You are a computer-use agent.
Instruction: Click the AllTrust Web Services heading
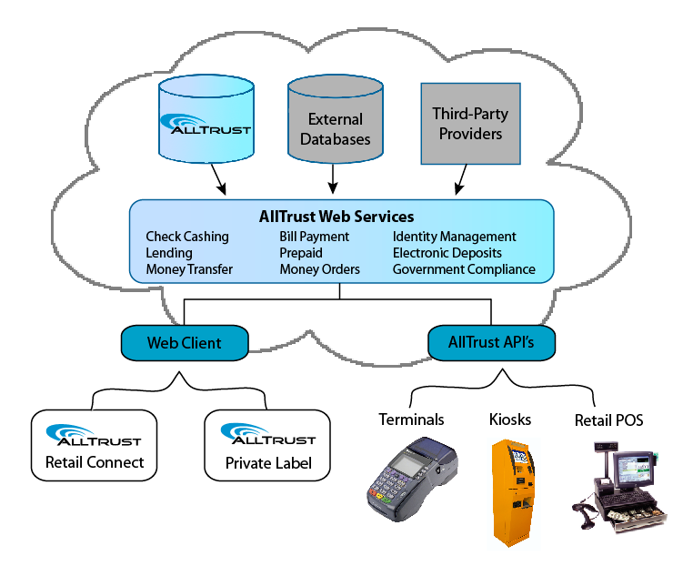336,217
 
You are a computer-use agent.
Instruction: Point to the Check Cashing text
187,237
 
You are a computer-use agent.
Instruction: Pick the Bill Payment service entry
314,237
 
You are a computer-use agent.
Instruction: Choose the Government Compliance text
464,269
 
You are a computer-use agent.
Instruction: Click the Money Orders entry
319,269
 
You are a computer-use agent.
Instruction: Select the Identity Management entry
454,237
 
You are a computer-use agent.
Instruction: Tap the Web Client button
185,343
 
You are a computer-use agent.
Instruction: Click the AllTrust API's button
491,343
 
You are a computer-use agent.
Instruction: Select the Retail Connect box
95,446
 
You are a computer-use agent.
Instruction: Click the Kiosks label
509,419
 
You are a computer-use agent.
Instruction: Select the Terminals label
412,419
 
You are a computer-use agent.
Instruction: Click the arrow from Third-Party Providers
462,179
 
